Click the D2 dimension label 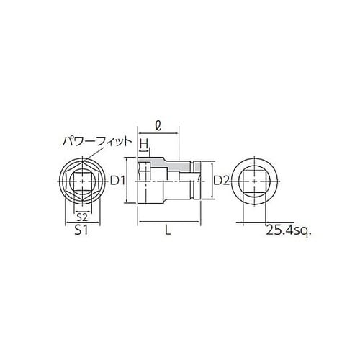[221, 181]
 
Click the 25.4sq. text [287, 231]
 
